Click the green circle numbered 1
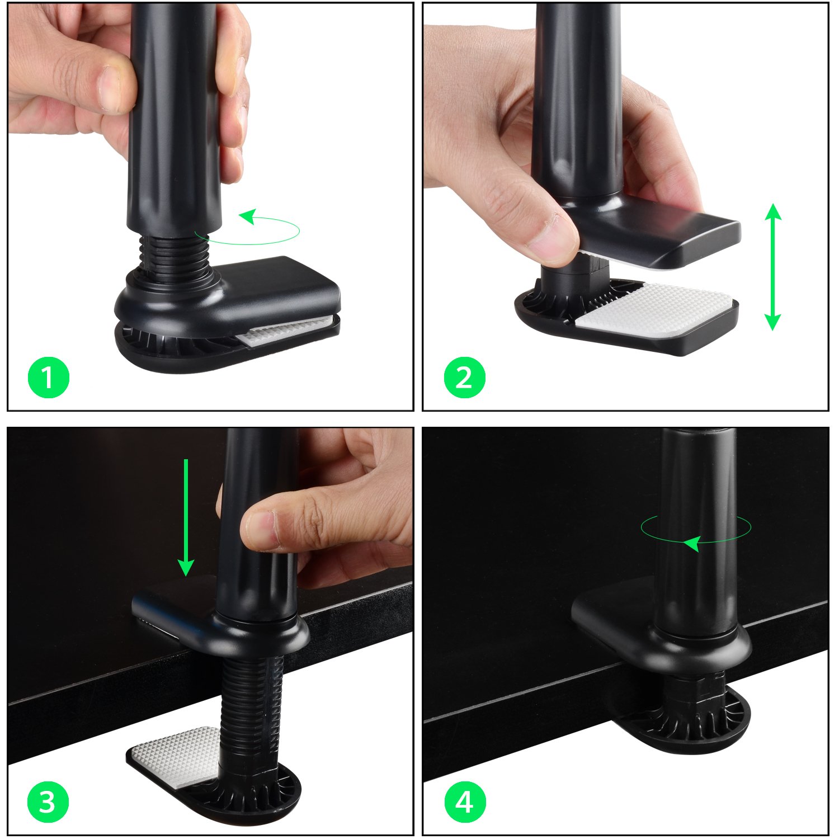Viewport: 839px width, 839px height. click(49, 378)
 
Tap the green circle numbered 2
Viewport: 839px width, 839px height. click(464, 378)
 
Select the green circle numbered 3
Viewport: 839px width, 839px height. click(49, 802)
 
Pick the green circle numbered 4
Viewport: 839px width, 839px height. click(464, 802)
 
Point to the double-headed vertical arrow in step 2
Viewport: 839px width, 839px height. click(772, 267)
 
